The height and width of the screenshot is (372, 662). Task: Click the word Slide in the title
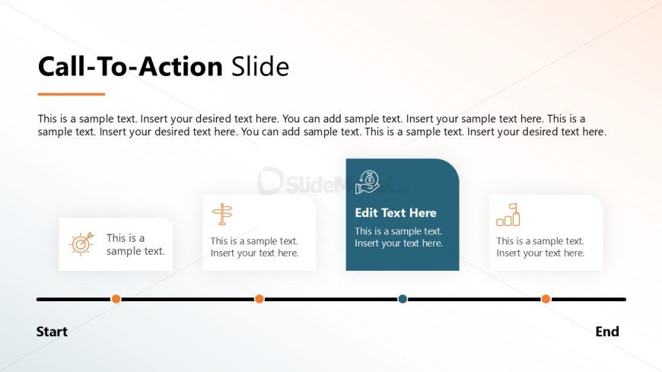click(260, 66)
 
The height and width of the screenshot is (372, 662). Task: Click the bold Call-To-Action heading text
click(130, 66)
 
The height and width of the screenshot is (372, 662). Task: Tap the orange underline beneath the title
click(72, 94)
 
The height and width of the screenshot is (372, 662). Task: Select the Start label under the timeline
click(52, 332)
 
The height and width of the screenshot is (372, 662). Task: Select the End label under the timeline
click(607, 332)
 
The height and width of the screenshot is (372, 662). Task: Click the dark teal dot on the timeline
click(403, 299)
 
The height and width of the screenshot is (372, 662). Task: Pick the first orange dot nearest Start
click(116, 299)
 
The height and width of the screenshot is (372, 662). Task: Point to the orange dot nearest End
click(546, 299)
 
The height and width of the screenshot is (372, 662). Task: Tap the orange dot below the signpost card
click(259, 299)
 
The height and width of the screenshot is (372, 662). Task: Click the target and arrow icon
click(81, 243)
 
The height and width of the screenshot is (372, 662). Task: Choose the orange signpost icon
click(222, 214)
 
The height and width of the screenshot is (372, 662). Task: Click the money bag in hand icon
click(368, 182)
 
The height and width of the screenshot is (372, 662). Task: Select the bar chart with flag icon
click(508, 215)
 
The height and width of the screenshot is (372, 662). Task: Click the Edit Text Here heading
click(396, 213)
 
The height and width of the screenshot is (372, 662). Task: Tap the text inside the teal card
click(399, 237)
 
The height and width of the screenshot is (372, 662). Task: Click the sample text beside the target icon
click(135, 244)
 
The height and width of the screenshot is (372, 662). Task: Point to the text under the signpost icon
click(255, 247)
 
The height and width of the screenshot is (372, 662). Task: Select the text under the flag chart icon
click(540, 247)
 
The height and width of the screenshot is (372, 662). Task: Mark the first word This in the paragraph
click(47, 119)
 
